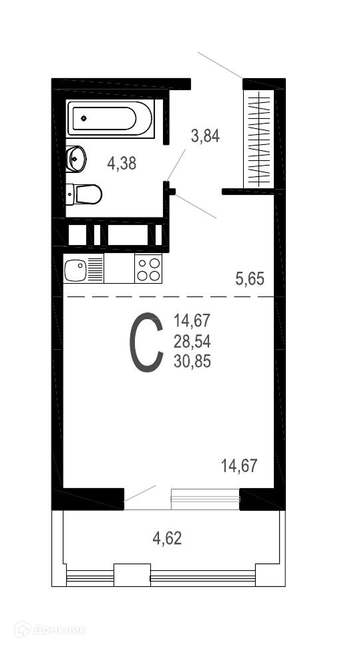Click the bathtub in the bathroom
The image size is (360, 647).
click(x=110, y=118)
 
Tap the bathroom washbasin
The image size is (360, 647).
click(x=75, y=158)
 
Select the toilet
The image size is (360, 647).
click(x=83, y=194)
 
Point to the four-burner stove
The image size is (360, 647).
click(x=148, y=268)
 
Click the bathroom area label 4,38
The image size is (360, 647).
click(x=122, y=164)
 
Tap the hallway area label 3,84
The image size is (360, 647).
click(x=205, y=136)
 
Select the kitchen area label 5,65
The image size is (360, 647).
click(x=250, y=279)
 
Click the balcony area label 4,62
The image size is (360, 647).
click(x=167, y=538)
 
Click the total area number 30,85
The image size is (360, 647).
click(x=192, y=362)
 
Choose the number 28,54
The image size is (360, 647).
click(x=192, y=341)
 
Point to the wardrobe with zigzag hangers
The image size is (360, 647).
click(x=259, y=139)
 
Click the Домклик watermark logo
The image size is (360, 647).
click(x=50, y=630)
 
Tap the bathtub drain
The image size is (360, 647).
click(x=83, y=118)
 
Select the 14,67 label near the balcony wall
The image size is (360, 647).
click(x=240, y=466)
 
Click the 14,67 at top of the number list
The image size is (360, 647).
click(x=192, y=320)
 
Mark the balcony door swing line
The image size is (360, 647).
click(x=140, y=493)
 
